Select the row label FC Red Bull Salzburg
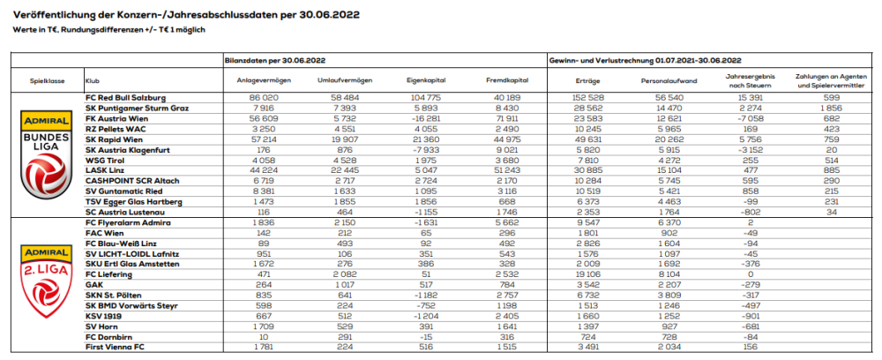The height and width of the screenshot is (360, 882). click(125, 96)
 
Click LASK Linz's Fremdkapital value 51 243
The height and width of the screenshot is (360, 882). click(499, 170)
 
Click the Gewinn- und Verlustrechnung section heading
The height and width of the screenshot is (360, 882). click(644, 59)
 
